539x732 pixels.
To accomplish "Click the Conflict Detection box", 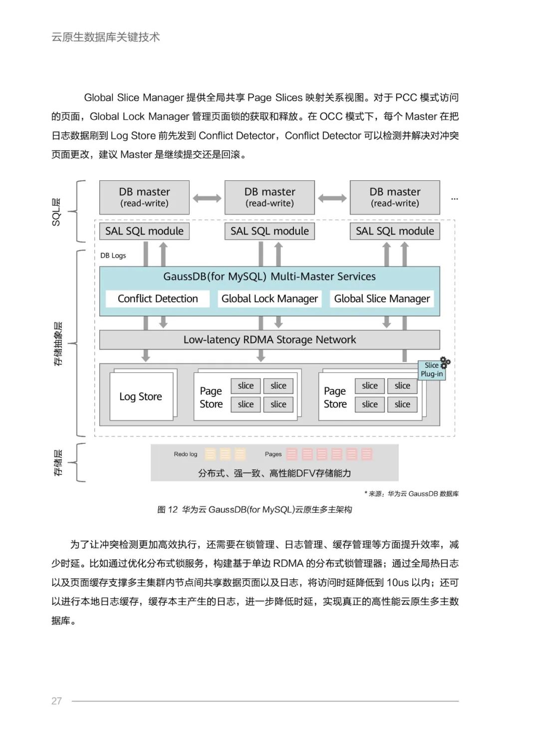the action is coord(157,299).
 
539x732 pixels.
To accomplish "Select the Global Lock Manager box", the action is coord(269,299).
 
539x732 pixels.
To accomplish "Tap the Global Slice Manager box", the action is coord(382,299).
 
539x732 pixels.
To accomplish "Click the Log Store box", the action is coord(141,396).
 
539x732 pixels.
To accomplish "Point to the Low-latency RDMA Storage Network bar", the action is coord(269,340).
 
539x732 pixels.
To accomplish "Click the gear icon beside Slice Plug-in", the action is coord(445,363).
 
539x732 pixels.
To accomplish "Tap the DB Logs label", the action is coord(113,256).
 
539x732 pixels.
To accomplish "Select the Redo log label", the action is coord(186,454).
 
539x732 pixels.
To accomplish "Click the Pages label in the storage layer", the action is coord(273,454).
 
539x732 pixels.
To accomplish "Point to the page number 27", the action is coord(56,701).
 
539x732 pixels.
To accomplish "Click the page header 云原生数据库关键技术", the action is coord(105,37).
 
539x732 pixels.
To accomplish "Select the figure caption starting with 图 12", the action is coord(255,509).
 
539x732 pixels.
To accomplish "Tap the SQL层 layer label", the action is coord(56,212).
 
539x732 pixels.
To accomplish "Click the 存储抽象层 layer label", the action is coord(57,344).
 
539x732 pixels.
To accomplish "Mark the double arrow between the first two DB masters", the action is coord(207,198).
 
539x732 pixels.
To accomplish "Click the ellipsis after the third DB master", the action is coord(454,199).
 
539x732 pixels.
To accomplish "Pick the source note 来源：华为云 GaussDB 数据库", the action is coord(411,494).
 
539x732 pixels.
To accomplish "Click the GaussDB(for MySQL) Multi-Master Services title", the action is coord(269,277).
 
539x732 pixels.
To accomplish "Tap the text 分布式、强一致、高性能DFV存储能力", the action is coord(274,473).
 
